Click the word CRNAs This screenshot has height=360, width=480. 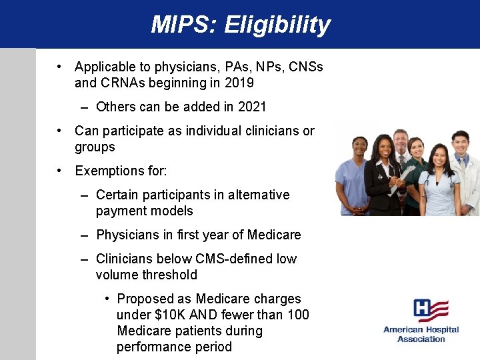tap(121, 83)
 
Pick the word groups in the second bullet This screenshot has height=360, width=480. tap(95, 147)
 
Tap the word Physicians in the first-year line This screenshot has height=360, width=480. tap(128, 235)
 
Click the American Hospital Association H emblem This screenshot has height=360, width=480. tap(430, 311)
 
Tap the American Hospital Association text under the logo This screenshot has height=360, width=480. tap(421, 334)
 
